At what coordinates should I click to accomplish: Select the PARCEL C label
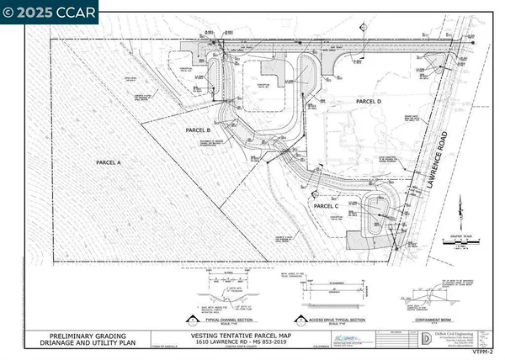pos(327,205)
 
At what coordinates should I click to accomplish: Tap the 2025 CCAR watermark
pos(50,11)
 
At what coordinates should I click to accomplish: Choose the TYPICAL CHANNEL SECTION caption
pos(220,318)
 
